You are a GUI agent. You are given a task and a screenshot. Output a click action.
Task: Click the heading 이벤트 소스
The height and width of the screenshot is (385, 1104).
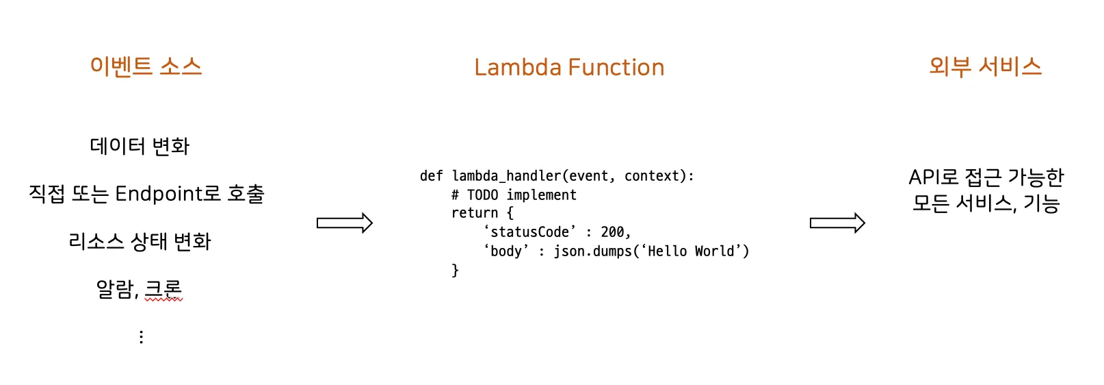[146, 66]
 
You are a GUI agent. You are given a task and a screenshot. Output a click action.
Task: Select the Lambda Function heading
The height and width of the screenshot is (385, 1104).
[569, 67]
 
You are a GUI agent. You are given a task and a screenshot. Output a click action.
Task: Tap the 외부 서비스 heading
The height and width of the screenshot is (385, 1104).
[985, 66]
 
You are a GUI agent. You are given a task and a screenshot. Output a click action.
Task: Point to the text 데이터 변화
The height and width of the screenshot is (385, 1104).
[140, 146]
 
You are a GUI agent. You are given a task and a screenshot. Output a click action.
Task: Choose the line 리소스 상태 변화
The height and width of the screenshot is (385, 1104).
[140, 241]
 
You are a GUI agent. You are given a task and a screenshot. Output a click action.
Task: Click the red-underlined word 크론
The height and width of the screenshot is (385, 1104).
[163, 288]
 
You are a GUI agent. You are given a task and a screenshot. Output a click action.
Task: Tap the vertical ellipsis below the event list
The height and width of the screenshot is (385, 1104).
[141, 337]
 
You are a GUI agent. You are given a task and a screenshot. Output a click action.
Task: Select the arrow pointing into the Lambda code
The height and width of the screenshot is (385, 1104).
[344, 223]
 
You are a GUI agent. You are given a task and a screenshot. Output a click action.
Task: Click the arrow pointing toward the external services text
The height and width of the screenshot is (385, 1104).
[837, 223]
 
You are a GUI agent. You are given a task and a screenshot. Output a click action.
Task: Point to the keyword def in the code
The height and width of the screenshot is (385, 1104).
[431, 176]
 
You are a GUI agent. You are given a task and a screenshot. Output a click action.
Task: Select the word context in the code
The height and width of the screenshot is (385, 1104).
[652, 176]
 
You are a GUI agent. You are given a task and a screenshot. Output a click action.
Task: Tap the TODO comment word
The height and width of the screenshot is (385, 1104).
[482, 195]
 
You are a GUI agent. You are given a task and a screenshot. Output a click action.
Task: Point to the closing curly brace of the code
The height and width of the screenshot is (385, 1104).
[455, 271]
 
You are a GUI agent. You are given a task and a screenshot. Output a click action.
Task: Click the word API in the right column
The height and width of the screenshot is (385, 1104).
[922, 177]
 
